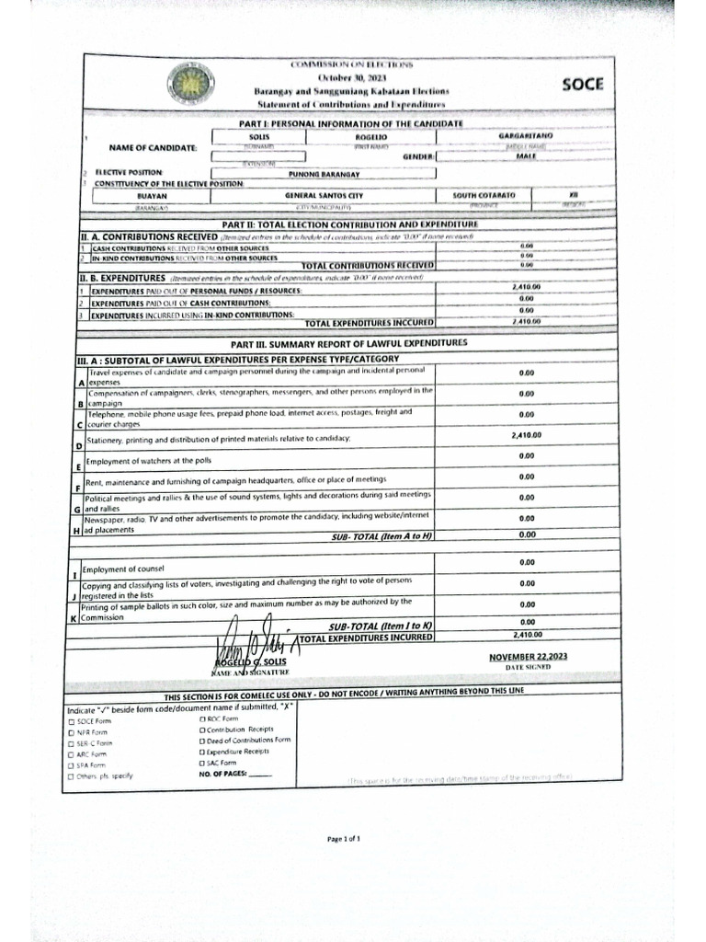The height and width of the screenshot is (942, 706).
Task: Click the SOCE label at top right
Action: tap(583, 85)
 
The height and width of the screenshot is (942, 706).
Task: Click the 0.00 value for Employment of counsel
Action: tap(526, 562)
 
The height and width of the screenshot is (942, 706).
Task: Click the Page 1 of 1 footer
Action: tap(351, 839)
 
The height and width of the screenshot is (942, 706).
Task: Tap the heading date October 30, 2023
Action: tap(352, 78)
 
